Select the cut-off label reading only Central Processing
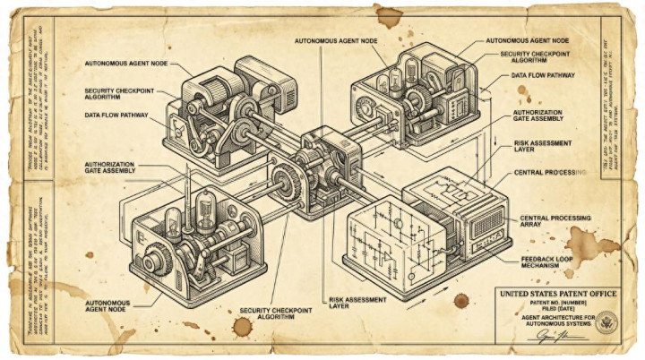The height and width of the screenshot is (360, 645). coord(550,172)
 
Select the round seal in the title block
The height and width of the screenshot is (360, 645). coord(606,321)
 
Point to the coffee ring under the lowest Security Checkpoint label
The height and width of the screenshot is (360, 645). coord(243,326)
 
